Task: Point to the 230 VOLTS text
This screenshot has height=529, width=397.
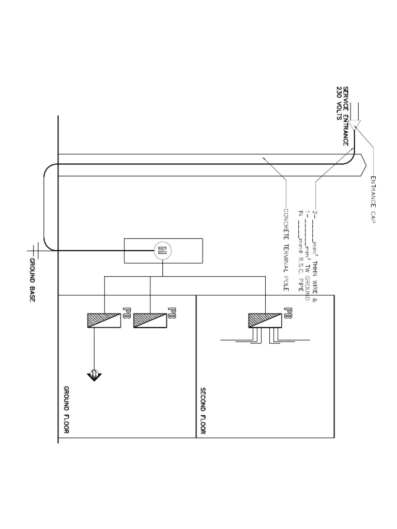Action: click(339, 103)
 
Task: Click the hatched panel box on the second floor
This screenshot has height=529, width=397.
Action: click(265, 320)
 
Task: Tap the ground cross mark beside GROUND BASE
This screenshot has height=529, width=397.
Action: click(33, 250)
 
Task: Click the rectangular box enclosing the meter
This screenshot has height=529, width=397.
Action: click(163, 251)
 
